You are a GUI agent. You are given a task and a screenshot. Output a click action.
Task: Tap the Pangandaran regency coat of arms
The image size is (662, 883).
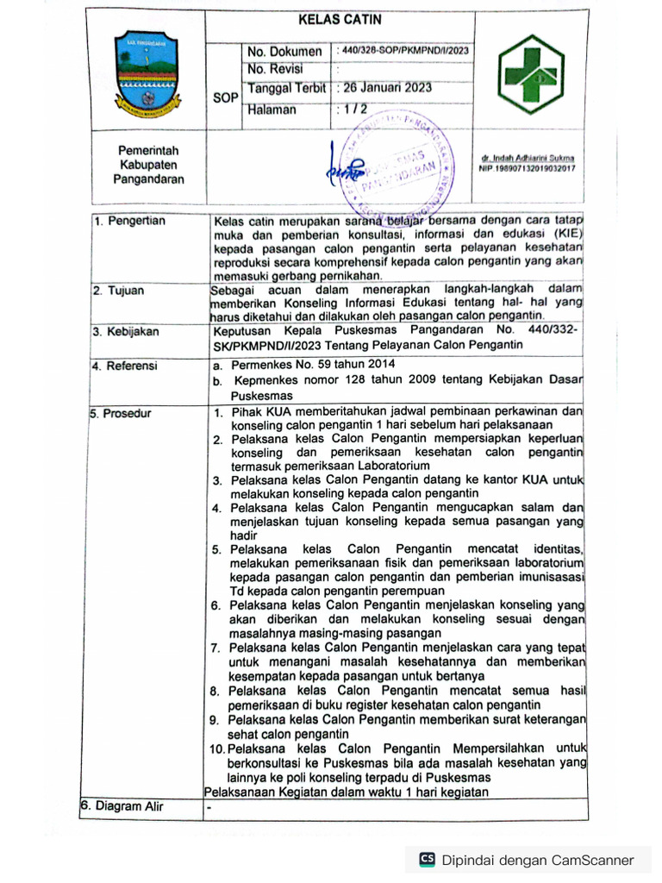pos(148,78)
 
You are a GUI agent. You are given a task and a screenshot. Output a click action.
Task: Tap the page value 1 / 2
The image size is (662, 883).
pos(354,110)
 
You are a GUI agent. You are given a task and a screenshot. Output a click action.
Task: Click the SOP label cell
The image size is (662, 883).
pos(225,98)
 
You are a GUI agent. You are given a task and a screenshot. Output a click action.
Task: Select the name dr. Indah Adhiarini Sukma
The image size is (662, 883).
pos(528,159)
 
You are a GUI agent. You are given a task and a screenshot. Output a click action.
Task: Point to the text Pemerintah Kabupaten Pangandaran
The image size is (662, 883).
pos(148,165)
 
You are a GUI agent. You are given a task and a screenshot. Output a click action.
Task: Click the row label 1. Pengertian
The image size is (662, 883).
pos(130,222)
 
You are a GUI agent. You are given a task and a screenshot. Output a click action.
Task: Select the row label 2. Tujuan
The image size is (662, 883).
pos(122,291)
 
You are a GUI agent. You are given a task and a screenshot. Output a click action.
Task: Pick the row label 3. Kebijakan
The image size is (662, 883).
pos(127,332)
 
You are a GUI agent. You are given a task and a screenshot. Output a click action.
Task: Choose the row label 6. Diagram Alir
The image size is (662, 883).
pos(122,807)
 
